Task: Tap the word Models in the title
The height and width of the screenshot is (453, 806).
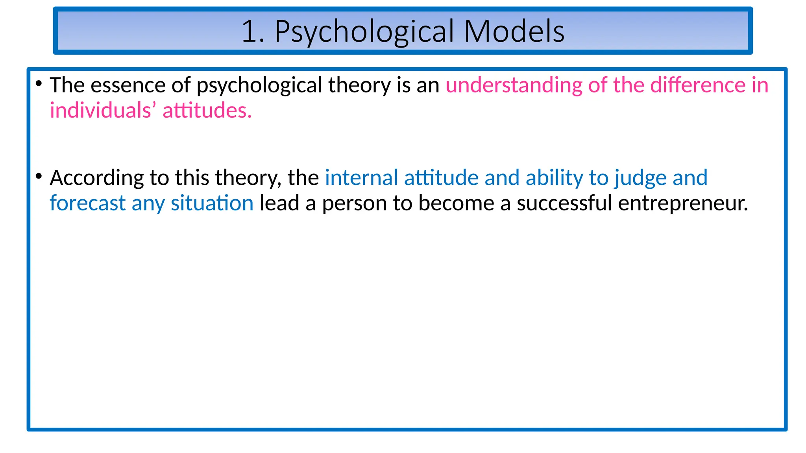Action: click(514, 31)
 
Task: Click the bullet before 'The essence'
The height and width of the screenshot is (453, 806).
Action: click(39, 83)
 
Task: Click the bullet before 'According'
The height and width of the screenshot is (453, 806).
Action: click(39, 176)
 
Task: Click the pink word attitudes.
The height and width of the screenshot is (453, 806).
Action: click(207, 110)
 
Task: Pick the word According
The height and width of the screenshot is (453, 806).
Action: click(96, 178)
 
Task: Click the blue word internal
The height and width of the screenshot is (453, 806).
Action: click(361, 178)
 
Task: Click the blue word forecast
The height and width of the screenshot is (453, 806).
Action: click(87, 203)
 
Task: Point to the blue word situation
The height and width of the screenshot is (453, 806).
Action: click(212, 203)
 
